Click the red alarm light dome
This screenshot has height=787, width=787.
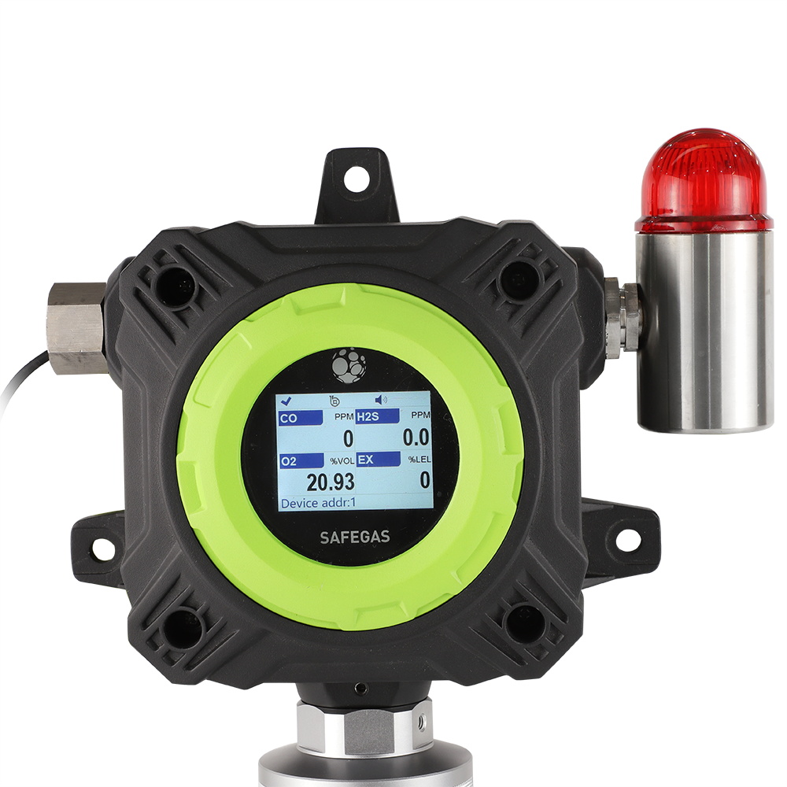(703, 181)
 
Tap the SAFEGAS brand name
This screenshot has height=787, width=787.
(355, 538)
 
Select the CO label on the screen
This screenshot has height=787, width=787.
(289, 418)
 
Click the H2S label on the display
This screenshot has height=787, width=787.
(368, 416)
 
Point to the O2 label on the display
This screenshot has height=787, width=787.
(289, 461)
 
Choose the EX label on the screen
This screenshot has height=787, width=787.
(365, 460)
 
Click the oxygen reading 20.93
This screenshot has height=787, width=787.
(331, 482)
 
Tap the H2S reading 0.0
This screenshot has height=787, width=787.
(416, 438)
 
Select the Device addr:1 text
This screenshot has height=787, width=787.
(318, 503)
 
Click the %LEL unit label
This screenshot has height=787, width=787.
(419, 460)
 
